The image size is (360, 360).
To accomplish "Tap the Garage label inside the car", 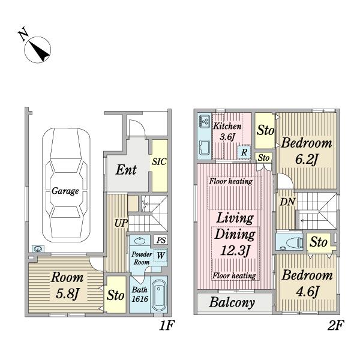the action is click(65, 191).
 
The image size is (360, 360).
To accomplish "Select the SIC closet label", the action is click(159, 162).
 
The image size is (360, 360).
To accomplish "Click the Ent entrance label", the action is click(126, 170).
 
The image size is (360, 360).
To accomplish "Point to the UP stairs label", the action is click(121, 223).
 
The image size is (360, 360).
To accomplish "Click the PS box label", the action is click(161, 240).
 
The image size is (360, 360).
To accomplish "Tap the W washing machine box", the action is click(160, 256).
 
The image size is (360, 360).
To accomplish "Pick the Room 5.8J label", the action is click(67, 286).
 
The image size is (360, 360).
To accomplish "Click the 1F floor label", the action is click(167, 325).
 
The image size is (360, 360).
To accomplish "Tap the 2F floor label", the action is click(335, 325).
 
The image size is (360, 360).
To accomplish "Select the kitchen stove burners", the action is click(205, 121).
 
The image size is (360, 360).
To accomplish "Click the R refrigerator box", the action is click(244, 152).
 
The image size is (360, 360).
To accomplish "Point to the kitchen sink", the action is click(205, 148).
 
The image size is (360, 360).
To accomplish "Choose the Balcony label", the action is click(232, 302).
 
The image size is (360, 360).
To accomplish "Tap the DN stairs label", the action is click(287, 202).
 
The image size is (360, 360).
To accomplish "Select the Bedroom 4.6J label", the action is click(307, 283).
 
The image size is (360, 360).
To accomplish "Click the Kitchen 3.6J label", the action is click(227, 131).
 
